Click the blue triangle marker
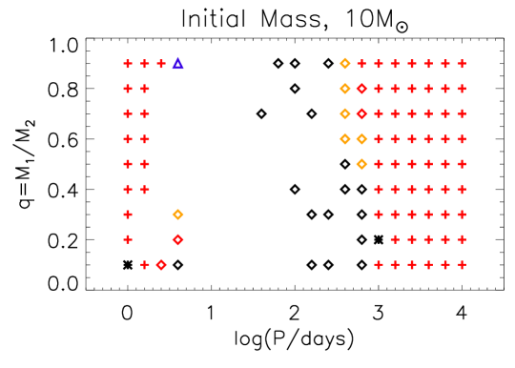pos(177,64)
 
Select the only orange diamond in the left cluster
pos(177,215)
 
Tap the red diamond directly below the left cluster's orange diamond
pos(177,239)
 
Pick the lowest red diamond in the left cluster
pos(161,264)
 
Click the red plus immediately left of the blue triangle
pos(161,64)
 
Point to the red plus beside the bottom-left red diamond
pos(145,264)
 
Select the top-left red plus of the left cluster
pos(128,64)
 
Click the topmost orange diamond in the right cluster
pos(344,64)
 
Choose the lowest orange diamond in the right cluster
pos(361,164)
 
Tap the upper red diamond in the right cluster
pos(361,89)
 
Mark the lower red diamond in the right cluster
pos(361,113)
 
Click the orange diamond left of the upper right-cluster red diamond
pos(344,89)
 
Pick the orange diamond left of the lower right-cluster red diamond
pos(344,113)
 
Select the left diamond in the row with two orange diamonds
pos(344,139)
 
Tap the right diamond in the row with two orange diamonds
pos(361,139)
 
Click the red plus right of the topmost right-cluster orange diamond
pos(361,64)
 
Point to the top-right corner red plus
pos(462,64)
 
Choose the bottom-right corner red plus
pos(462,264)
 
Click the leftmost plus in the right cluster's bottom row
pos(379,264)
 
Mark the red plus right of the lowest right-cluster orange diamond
pos(379,164)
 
